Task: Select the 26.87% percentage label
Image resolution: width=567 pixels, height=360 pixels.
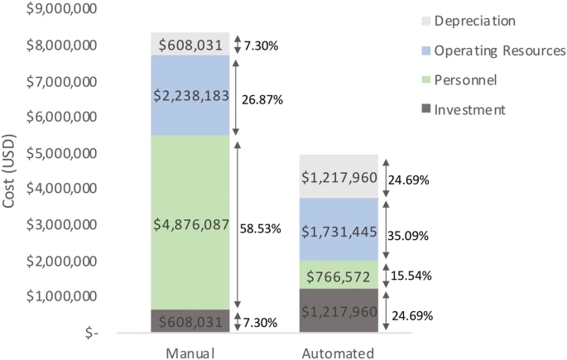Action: pos(261,99)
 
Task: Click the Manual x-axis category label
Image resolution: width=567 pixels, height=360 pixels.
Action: pos(190,353)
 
